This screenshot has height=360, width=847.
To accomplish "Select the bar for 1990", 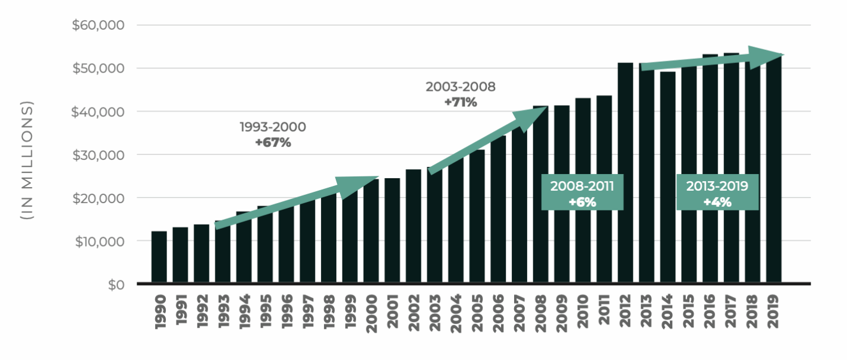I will (x=159, y=257).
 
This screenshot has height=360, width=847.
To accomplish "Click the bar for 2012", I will (x=625, y=172).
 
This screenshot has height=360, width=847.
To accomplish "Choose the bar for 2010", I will (x=583, y=190).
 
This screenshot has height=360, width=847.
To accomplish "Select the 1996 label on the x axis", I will (x=286, y=311).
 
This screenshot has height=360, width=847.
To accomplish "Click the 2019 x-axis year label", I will (x=773, y=311).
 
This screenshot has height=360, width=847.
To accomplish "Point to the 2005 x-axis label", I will (x=477, y=311).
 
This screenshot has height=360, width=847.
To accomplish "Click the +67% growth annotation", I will (x=273, y=143).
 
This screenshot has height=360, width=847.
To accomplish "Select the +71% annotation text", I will (x=461, y=102).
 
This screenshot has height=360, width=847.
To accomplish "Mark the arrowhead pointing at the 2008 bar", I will (x=530, y=116).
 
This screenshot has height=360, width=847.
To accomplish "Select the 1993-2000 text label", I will (x=273, y=127).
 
